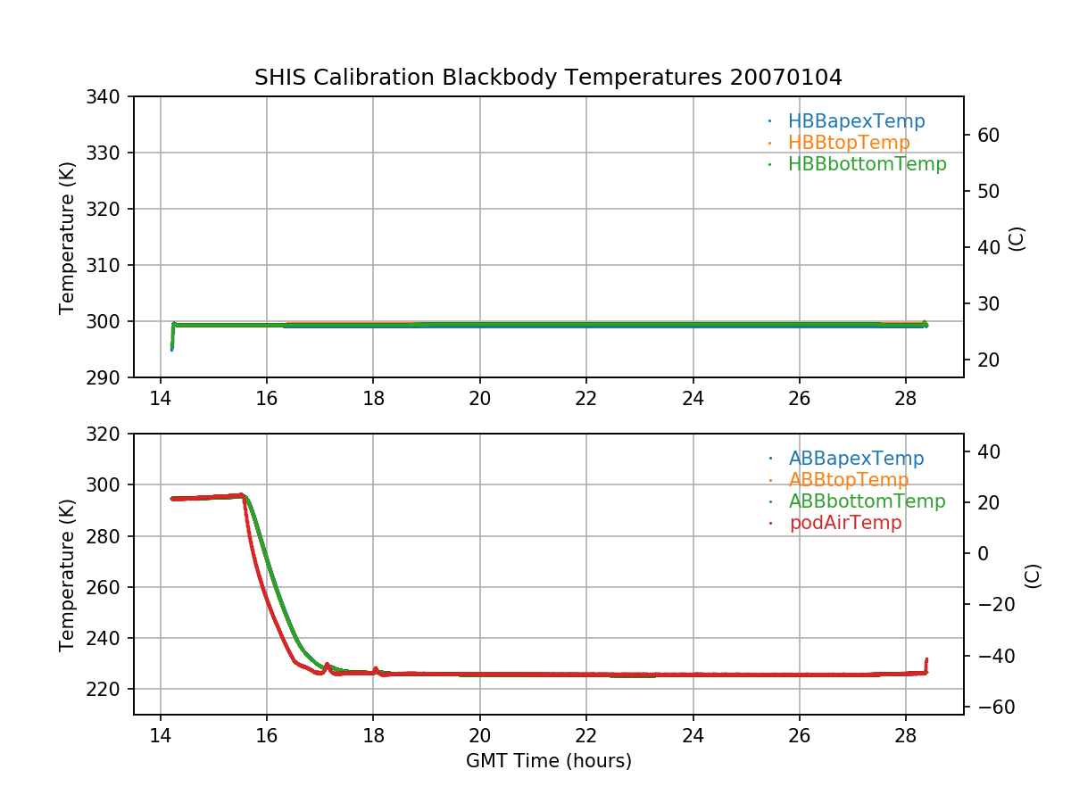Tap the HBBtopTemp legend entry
849,143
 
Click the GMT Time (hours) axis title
548,761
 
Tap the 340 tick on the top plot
109,96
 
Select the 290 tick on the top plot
109,377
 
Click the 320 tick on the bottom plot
109,435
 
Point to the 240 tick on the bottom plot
109,639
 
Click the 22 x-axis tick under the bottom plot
586,736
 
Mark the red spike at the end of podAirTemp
926,662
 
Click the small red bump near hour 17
327,665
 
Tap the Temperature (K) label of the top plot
67,236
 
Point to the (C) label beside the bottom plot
1033,575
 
